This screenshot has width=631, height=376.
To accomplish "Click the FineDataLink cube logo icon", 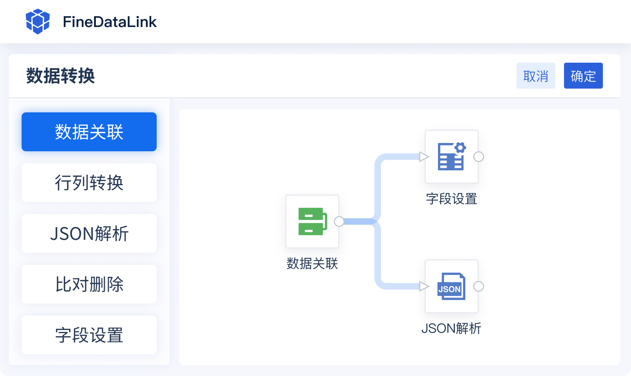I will coord(37,22).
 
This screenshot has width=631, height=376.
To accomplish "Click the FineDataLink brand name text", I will coord(109,22).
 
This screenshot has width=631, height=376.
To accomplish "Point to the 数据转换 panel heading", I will coord(61,76).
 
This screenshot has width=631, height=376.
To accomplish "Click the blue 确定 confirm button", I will coord(583,76).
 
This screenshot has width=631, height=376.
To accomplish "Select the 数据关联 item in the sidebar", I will coord(89,132).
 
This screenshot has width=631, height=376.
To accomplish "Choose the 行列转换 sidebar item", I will coord(89,183).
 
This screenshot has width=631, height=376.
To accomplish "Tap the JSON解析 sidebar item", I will coord(89,233).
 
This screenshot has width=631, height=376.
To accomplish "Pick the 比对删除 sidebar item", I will coord(89,284).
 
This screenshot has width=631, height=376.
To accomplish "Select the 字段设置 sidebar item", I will coord(89,335).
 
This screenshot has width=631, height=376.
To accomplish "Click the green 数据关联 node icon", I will coord(312,221).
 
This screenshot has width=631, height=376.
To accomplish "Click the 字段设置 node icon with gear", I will coord(451,157).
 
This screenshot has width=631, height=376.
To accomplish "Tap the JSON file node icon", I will coord(451,286).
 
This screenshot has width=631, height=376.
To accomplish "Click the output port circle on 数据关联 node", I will coord(339,221).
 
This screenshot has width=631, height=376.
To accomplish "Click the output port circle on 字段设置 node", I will coord(478,157).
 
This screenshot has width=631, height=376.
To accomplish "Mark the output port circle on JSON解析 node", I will coord(478,286).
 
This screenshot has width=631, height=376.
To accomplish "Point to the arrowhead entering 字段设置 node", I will coord(424,157).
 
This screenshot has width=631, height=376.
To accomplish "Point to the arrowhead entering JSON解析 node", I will coord(424,286).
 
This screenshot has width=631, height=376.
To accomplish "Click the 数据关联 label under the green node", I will coord(312,264).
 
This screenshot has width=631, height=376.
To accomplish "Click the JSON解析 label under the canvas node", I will coord(451,328).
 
